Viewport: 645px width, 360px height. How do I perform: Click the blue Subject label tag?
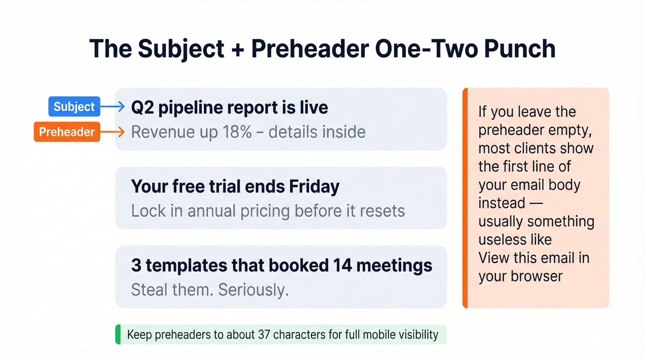[74, 107]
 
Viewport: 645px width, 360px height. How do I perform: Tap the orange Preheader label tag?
[67, 132]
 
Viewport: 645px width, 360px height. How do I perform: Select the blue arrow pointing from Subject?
[113, 107]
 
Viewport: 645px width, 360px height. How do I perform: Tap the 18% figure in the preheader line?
[236, 132]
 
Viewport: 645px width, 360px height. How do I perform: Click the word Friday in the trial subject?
[314, 187]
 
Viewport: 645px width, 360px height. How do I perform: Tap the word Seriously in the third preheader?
[253, 290]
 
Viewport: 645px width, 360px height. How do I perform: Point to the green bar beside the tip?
[118, 334]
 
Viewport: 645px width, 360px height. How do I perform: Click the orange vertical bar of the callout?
[465, 198]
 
